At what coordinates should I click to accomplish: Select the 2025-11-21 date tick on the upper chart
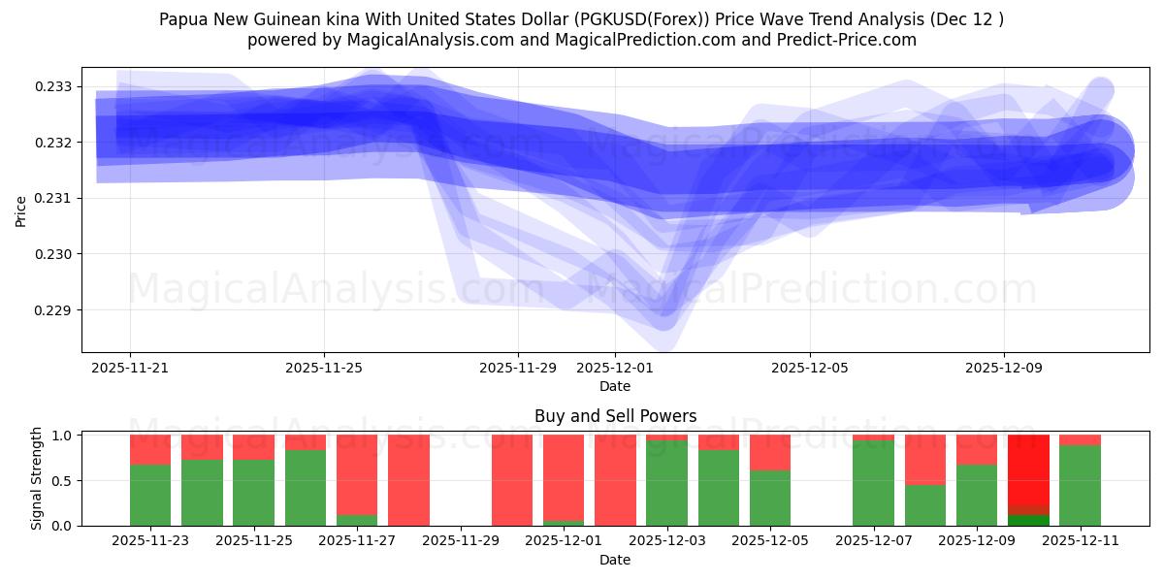coord(130,368)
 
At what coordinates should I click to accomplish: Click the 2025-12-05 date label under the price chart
coord(810,368)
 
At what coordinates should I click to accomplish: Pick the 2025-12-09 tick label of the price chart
coord(1004,368)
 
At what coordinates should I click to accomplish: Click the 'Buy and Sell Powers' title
coord(615,416)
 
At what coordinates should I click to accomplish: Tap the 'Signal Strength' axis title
coord(37,479)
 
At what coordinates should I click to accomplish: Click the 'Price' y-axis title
coord(21,210)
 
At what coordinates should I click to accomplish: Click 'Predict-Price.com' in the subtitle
coord(851,40)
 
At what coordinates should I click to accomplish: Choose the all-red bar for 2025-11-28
coord(408,480)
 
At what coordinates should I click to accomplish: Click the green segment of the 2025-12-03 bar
coord(666,483)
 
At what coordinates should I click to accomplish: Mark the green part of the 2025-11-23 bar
coord(150,495)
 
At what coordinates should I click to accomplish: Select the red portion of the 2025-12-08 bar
coord(924,459)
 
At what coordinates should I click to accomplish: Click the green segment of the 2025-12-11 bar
coord(1080,485)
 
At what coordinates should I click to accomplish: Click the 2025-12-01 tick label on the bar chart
coord(564,541)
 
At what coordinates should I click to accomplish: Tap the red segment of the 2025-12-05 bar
coord(770,452)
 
